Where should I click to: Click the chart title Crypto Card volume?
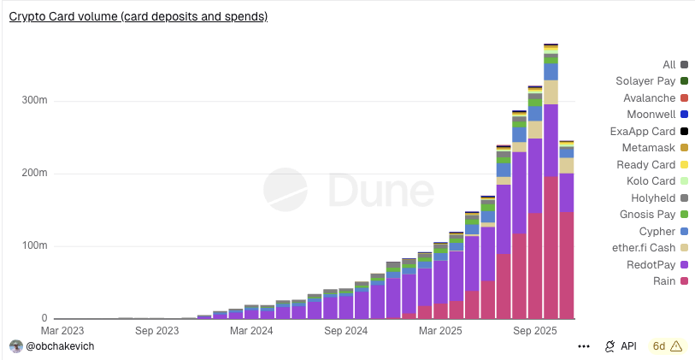(x=138, y=16)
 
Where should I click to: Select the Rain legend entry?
(x=664, y=280)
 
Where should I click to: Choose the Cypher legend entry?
(x=657, y=231)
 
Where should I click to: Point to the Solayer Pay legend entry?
(x=645, y=81)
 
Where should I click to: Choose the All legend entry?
(x=669, y=65)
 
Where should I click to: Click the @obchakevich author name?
(x=60, y=346)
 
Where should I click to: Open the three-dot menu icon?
(x=584, y=346)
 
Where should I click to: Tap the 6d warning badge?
(x=667, y=346)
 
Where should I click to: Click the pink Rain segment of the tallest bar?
(x=551, y=248)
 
